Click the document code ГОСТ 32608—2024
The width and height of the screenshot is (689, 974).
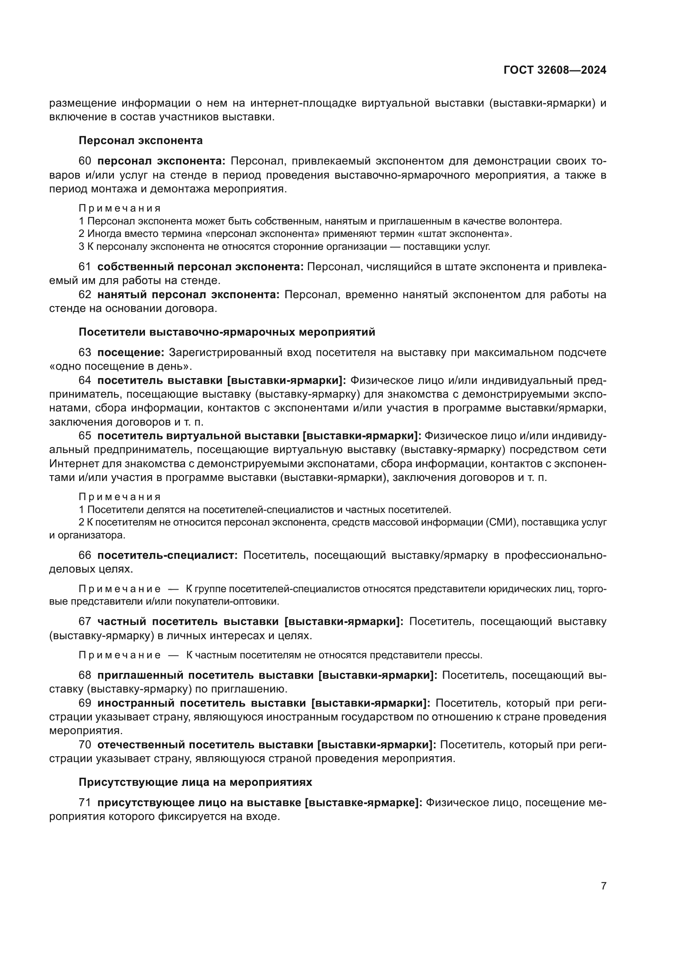tap(554, 70)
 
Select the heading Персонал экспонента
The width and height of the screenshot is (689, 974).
tap(140, 140)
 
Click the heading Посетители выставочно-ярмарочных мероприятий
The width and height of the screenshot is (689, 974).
tap(227, 332)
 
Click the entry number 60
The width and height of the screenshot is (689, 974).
tap(85, 161)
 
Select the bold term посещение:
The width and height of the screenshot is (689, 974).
tap(131, 353)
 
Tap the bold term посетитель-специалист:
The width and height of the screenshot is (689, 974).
tap(167, 556)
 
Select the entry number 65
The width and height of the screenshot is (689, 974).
tap(85, 436)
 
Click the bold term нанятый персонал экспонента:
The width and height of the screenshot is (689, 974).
tap(188, 295)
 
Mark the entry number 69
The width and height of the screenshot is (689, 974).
tap(85, 703)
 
